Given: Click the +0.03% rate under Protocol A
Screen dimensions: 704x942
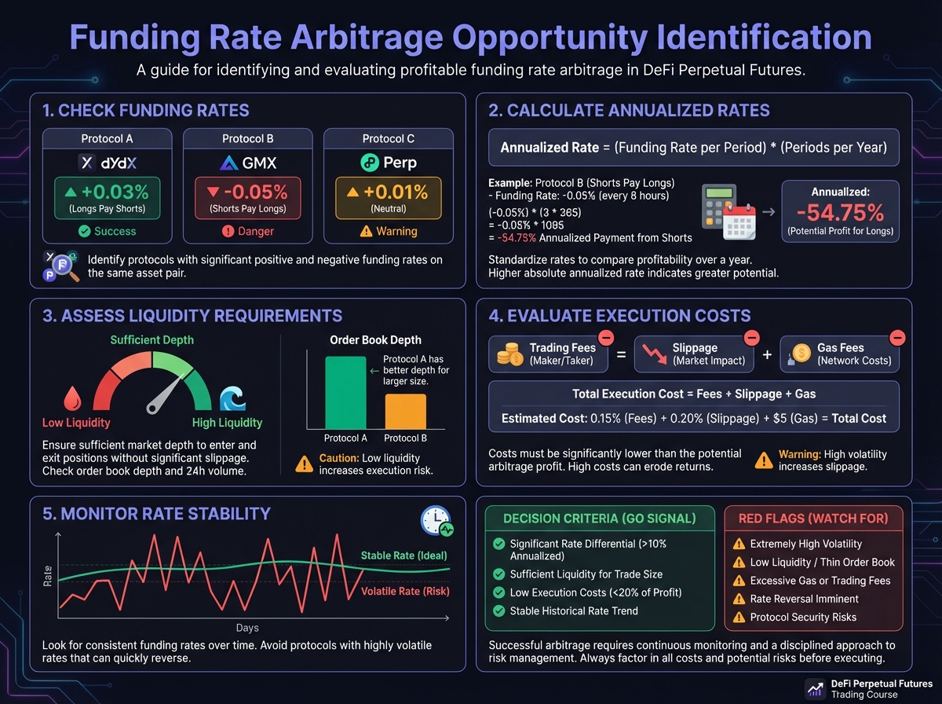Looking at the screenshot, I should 107,192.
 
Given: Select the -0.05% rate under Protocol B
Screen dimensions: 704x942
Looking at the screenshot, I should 248,192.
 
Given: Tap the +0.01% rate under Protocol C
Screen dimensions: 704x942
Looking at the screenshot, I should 389,192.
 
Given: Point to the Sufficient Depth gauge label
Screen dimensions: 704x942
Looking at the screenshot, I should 152,340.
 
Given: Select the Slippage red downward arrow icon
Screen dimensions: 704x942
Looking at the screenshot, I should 650,356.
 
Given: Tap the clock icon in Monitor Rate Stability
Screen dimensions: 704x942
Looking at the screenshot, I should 435,521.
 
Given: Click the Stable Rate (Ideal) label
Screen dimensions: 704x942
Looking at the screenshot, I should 403,555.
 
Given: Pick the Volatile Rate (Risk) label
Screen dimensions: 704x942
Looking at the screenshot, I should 404,592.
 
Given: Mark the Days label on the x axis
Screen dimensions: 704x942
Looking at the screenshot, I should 248,628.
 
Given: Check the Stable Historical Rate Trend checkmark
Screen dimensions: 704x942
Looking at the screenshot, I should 498,610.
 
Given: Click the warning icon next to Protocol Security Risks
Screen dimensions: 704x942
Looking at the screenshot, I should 739,617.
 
